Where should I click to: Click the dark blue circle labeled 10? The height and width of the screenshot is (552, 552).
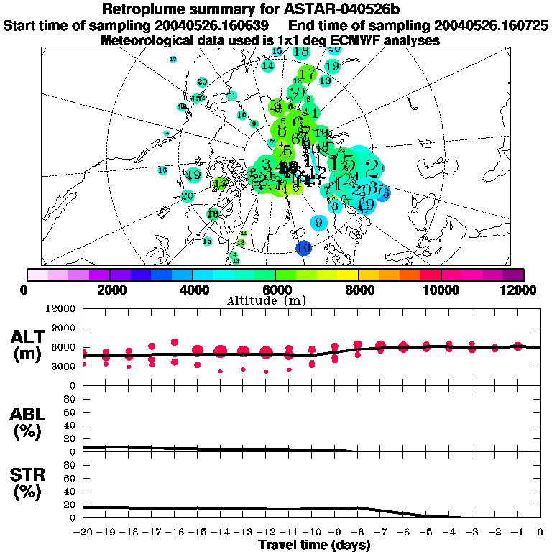(303, 248)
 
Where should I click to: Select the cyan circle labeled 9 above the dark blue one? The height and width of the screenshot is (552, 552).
(318, 223)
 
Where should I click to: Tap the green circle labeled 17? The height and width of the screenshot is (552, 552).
(307, 74)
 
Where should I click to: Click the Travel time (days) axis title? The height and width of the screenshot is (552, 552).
(314, 545)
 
